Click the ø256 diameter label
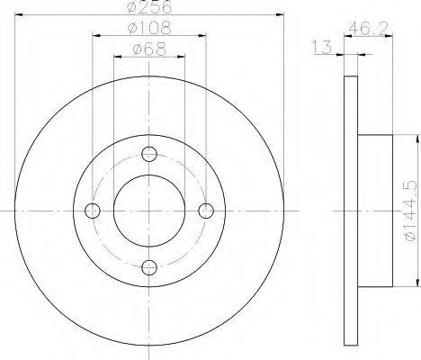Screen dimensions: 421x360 [x=149, y=6]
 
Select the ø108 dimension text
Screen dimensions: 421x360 [x=149, y=28]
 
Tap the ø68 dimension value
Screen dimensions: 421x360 [x=149, y=49]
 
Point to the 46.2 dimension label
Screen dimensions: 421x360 [x=369, y=28]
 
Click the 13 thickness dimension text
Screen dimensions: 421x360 [x=322, y=47]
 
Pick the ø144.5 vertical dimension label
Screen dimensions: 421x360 [x=410, y=210]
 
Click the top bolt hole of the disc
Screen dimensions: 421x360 [x=149, y=154]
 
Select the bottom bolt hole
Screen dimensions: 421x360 [x=149, y=267]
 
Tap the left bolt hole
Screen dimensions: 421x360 [x=93, y=211]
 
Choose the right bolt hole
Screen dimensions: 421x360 [x=206, y=211]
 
